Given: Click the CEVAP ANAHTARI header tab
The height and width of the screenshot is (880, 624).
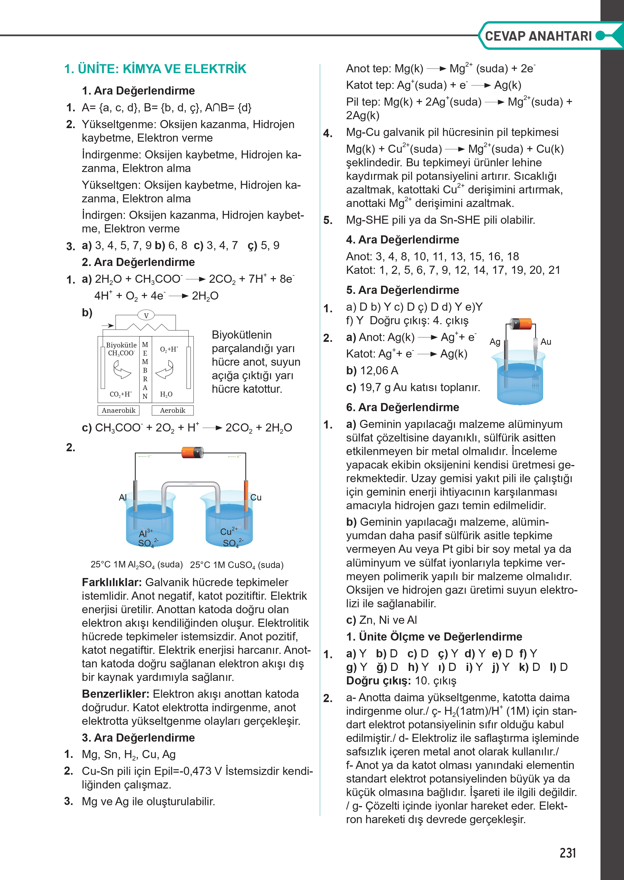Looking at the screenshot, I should tap(538, 36).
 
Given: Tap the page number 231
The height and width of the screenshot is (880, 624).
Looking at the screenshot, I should tap(567, 853).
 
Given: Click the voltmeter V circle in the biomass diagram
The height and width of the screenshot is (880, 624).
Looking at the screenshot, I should tap(146, 316).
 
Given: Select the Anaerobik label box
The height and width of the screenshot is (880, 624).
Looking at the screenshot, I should tap(118, 410).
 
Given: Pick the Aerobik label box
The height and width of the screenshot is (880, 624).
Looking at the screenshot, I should tap(173, 410).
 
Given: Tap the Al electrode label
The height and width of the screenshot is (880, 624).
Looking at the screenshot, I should tap(123, 498).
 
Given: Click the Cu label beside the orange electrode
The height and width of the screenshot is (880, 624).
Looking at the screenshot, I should tap(256, 498).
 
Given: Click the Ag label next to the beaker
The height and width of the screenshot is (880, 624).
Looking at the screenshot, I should tap(495, 342).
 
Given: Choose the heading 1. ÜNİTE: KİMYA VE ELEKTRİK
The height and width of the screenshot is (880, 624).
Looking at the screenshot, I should tap(155, 69).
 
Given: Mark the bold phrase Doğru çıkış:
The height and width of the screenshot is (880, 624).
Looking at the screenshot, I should tap(378, 681).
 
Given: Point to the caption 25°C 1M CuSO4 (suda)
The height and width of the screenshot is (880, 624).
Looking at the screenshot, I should tap(237, 565).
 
